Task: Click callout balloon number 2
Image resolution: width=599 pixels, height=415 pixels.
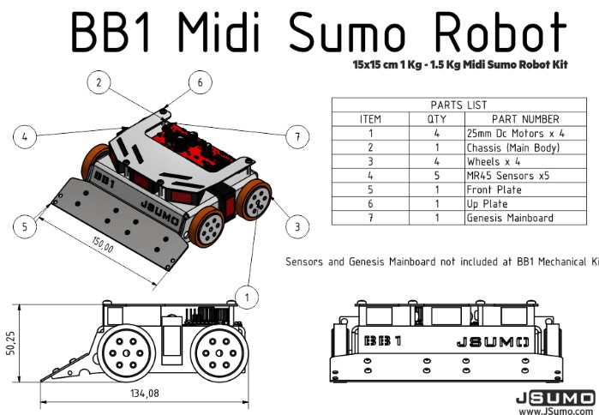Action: [x=99, y=82]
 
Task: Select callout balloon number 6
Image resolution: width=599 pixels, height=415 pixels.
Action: [x=200, y=82]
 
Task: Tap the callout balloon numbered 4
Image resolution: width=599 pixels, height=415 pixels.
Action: [x=26, y=135]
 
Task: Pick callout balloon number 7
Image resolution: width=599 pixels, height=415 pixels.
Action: [x=297, y=135]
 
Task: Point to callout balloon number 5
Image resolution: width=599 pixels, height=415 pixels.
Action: [x=26, y=226]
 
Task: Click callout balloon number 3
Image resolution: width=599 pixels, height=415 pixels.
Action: [x=297, y=226]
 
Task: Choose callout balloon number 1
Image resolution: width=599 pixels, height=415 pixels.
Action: [x=247, y=297]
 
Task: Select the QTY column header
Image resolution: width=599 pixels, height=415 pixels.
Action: [x=436, y=119]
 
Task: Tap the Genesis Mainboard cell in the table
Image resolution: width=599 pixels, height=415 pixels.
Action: [x=510, y=218]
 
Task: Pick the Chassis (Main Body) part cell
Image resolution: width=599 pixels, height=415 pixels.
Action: [x=512, y=147]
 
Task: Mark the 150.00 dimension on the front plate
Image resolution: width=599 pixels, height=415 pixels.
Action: [x=104, y=246]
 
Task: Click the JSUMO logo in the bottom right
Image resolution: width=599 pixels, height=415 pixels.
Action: [x=555, y=397]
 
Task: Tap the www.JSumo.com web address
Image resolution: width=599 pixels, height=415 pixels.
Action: [x=555, y=410]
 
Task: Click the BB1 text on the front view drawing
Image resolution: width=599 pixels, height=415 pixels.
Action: [x=382, y=340]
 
